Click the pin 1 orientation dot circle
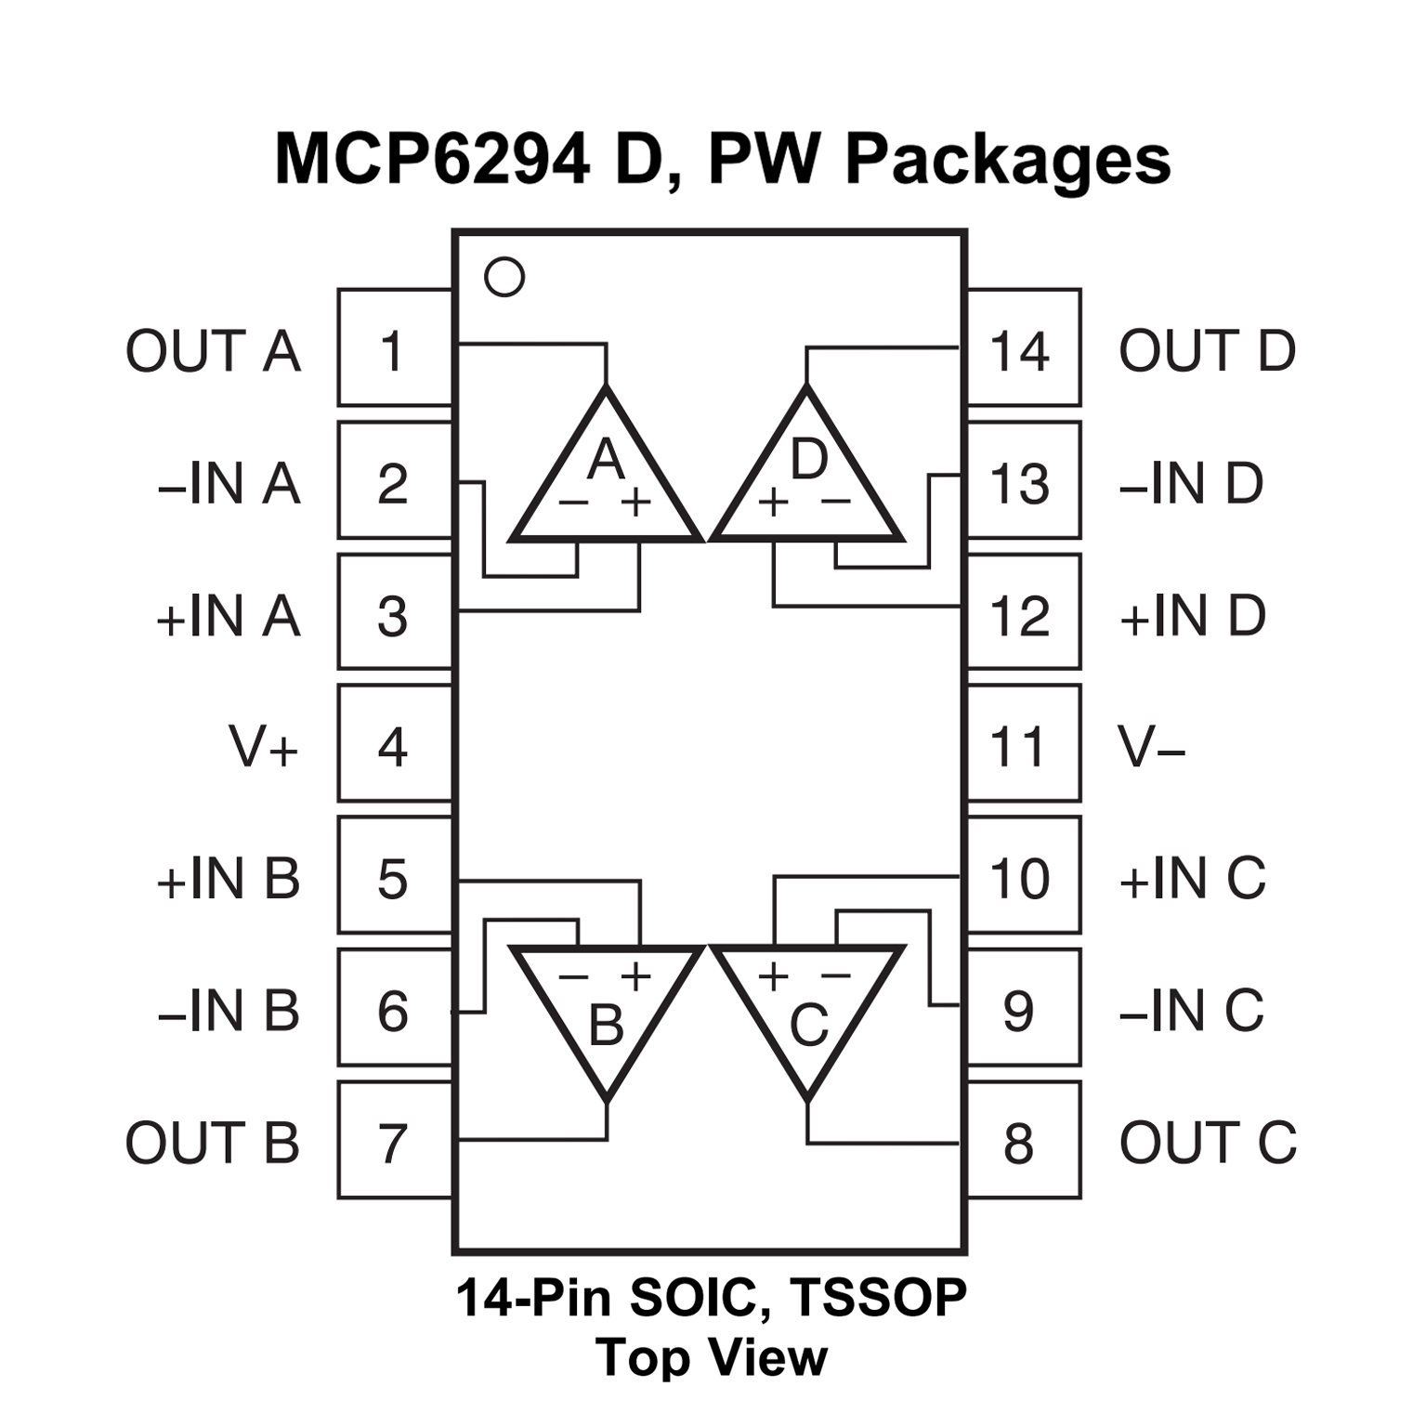point(504,277)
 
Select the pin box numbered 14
point(1023,349)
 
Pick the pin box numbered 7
point(394,1142)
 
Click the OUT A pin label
point(213,351)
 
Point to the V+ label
point(263,746)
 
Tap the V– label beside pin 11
point(1152,746)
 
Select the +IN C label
point(1193,878)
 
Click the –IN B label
point(229,1010)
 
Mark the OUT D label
point(1207,351)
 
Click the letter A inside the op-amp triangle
point(606,459)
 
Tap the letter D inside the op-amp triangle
point(808,459)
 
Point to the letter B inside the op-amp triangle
point(606,1027)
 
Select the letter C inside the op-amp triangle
point(808,1027)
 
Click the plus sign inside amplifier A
point(636,503)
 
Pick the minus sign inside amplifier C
point(836,975)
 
